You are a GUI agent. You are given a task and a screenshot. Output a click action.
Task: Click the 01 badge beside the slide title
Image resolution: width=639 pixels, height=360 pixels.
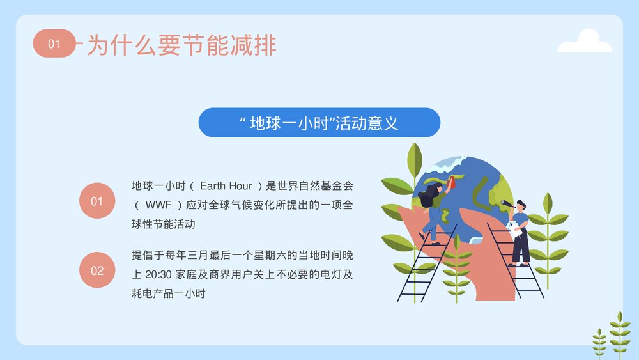click(x=54, y=43)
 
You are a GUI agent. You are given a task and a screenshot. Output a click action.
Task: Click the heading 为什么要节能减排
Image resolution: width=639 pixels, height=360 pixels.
click(x=181, y=45)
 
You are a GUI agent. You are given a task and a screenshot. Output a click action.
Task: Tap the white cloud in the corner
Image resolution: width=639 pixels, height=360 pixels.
click(x=584, y=42)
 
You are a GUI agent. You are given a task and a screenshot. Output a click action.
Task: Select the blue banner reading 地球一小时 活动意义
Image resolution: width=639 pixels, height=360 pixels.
click(x=319, y=123)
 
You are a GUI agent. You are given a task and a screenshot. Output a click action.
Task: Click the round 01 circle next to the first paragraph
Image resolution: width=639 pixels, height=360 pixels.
click(x=96, y=201)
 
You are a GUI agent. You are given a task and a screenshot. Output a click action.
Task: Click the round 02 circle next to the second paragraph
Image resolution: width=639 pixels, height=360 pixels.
click(x=96, y=270)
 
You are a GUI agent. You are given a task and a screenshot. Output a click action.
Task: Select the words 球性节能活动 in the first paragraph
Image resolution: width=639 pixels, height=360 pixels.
click(x=163, y=224)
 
